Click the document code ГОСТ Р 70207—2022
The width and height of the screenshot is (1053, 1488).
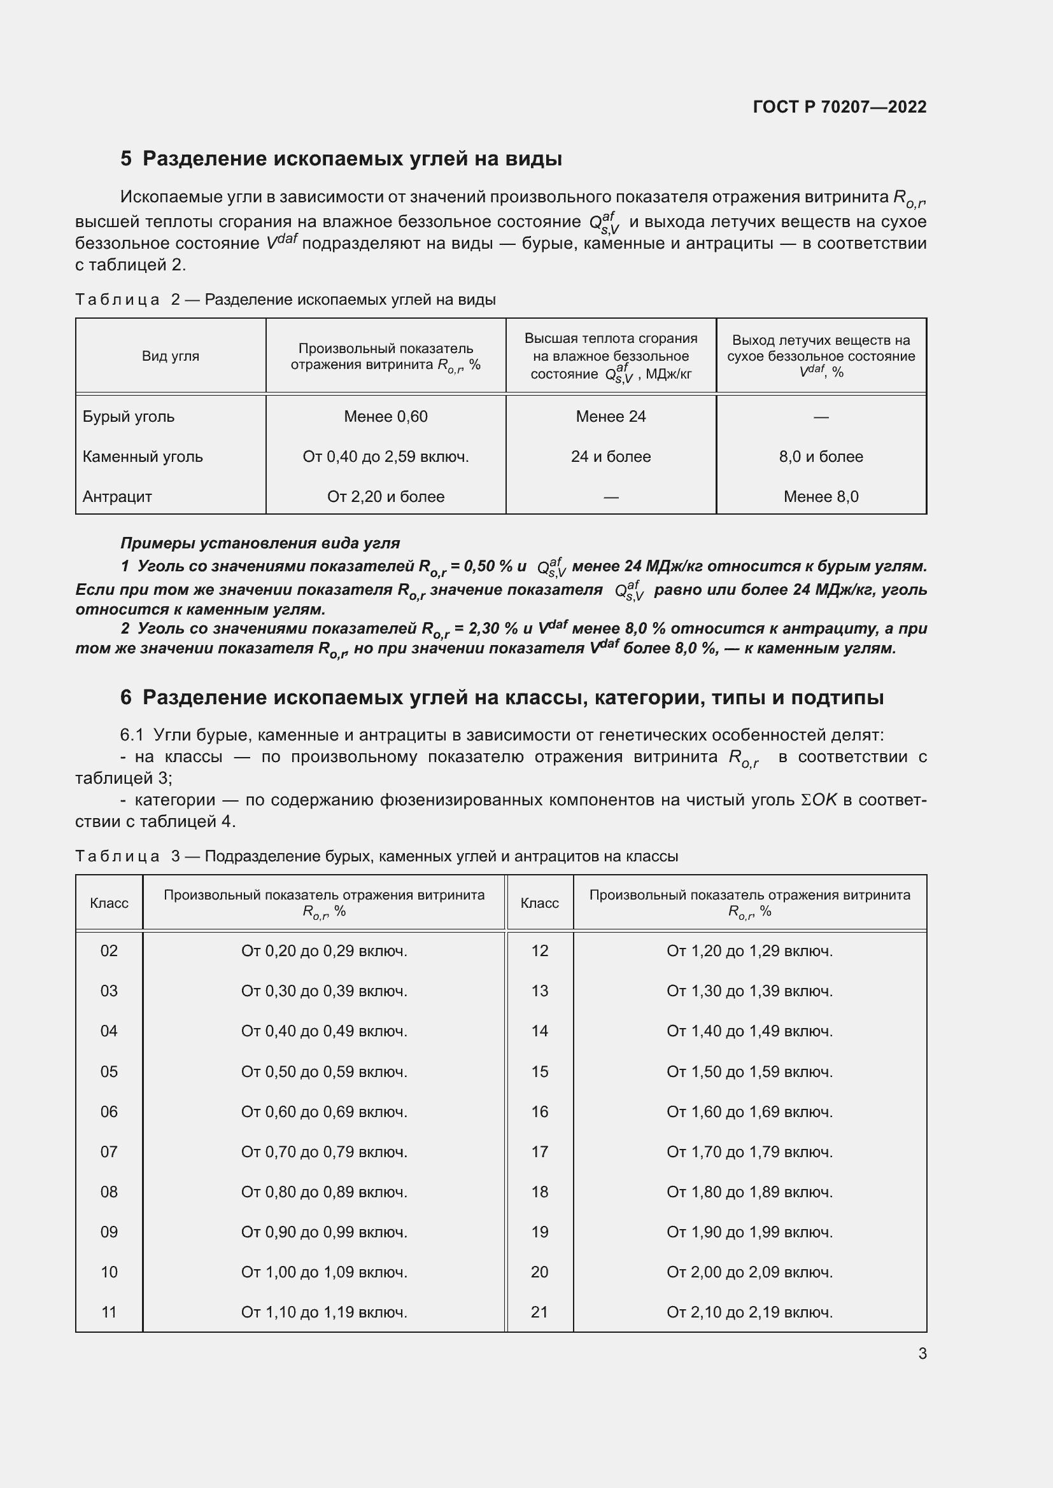pos(839,107)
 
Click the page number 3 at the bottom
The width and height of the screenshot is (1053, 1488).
pos(922,1353)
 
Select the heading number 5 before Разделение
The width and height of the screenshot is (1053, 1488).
pos(126,159)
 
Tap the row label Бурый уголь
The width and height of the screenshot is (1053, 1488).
pos(129,417)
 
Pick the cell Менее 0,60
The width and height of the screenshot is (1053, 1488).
pos(385,417)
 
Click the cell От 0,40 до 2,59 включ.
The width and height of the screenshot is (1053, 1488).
pos(385,457)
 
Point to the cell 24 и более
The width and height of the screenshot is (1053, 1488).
pos(610,457)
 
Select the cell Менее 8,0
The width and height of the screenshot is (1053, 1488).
pos(820,497)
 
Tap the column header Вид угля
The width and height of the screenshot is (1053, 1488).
pos(171,356)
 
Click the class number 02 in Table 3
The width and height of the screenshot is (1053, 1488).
pos(109,950)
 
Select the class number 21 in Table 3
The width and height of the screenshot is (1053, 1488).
pos(539,1312)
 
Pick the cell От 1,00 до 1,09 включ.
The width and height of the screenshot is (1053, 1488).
pos(324,1272)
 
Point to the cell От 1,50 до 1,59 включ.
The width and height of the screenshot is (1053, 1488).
pos(749,1071)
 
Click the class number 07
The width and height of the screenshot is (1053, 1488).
pos(109,1151)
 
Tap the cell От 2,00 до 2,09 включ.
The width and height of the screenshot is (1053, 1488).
pos(749,1272)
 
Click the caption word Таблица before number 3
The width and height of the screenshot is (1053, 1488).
pos(117,856)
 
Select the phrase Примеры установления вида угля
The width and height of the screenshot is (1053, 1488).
pos(260,543)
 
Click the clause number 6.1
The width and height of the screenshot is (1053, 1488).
pos(132,735)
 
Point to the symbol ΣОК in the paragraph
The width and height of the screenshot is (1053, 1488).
pos(819,800)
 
